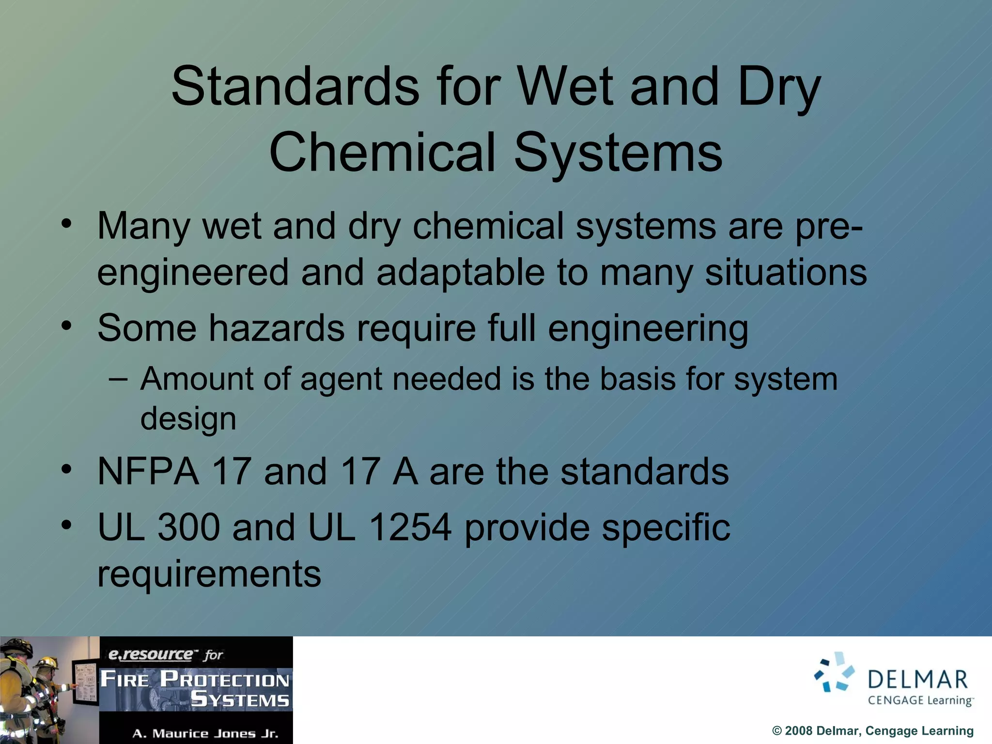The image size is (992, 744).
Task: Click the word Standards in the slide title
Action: [x=295, y=87]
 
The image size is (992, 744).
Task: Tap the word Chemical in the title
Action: [x=383, y=153]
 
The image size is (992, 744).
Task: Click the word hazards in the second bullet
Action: [x=277, y=328]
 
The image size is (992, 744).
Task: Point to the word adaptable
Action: [x=460, y=272]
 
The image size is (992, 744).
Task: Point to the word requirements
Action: [x=209, y=573]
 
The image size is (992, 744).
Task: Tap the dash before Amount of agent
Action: [x=118, y=379]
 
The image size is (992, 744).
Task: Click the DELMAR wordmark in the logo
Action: [x=917, y=680]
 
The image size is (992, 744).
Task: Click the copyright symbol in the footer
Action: [x=777, y=731]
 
